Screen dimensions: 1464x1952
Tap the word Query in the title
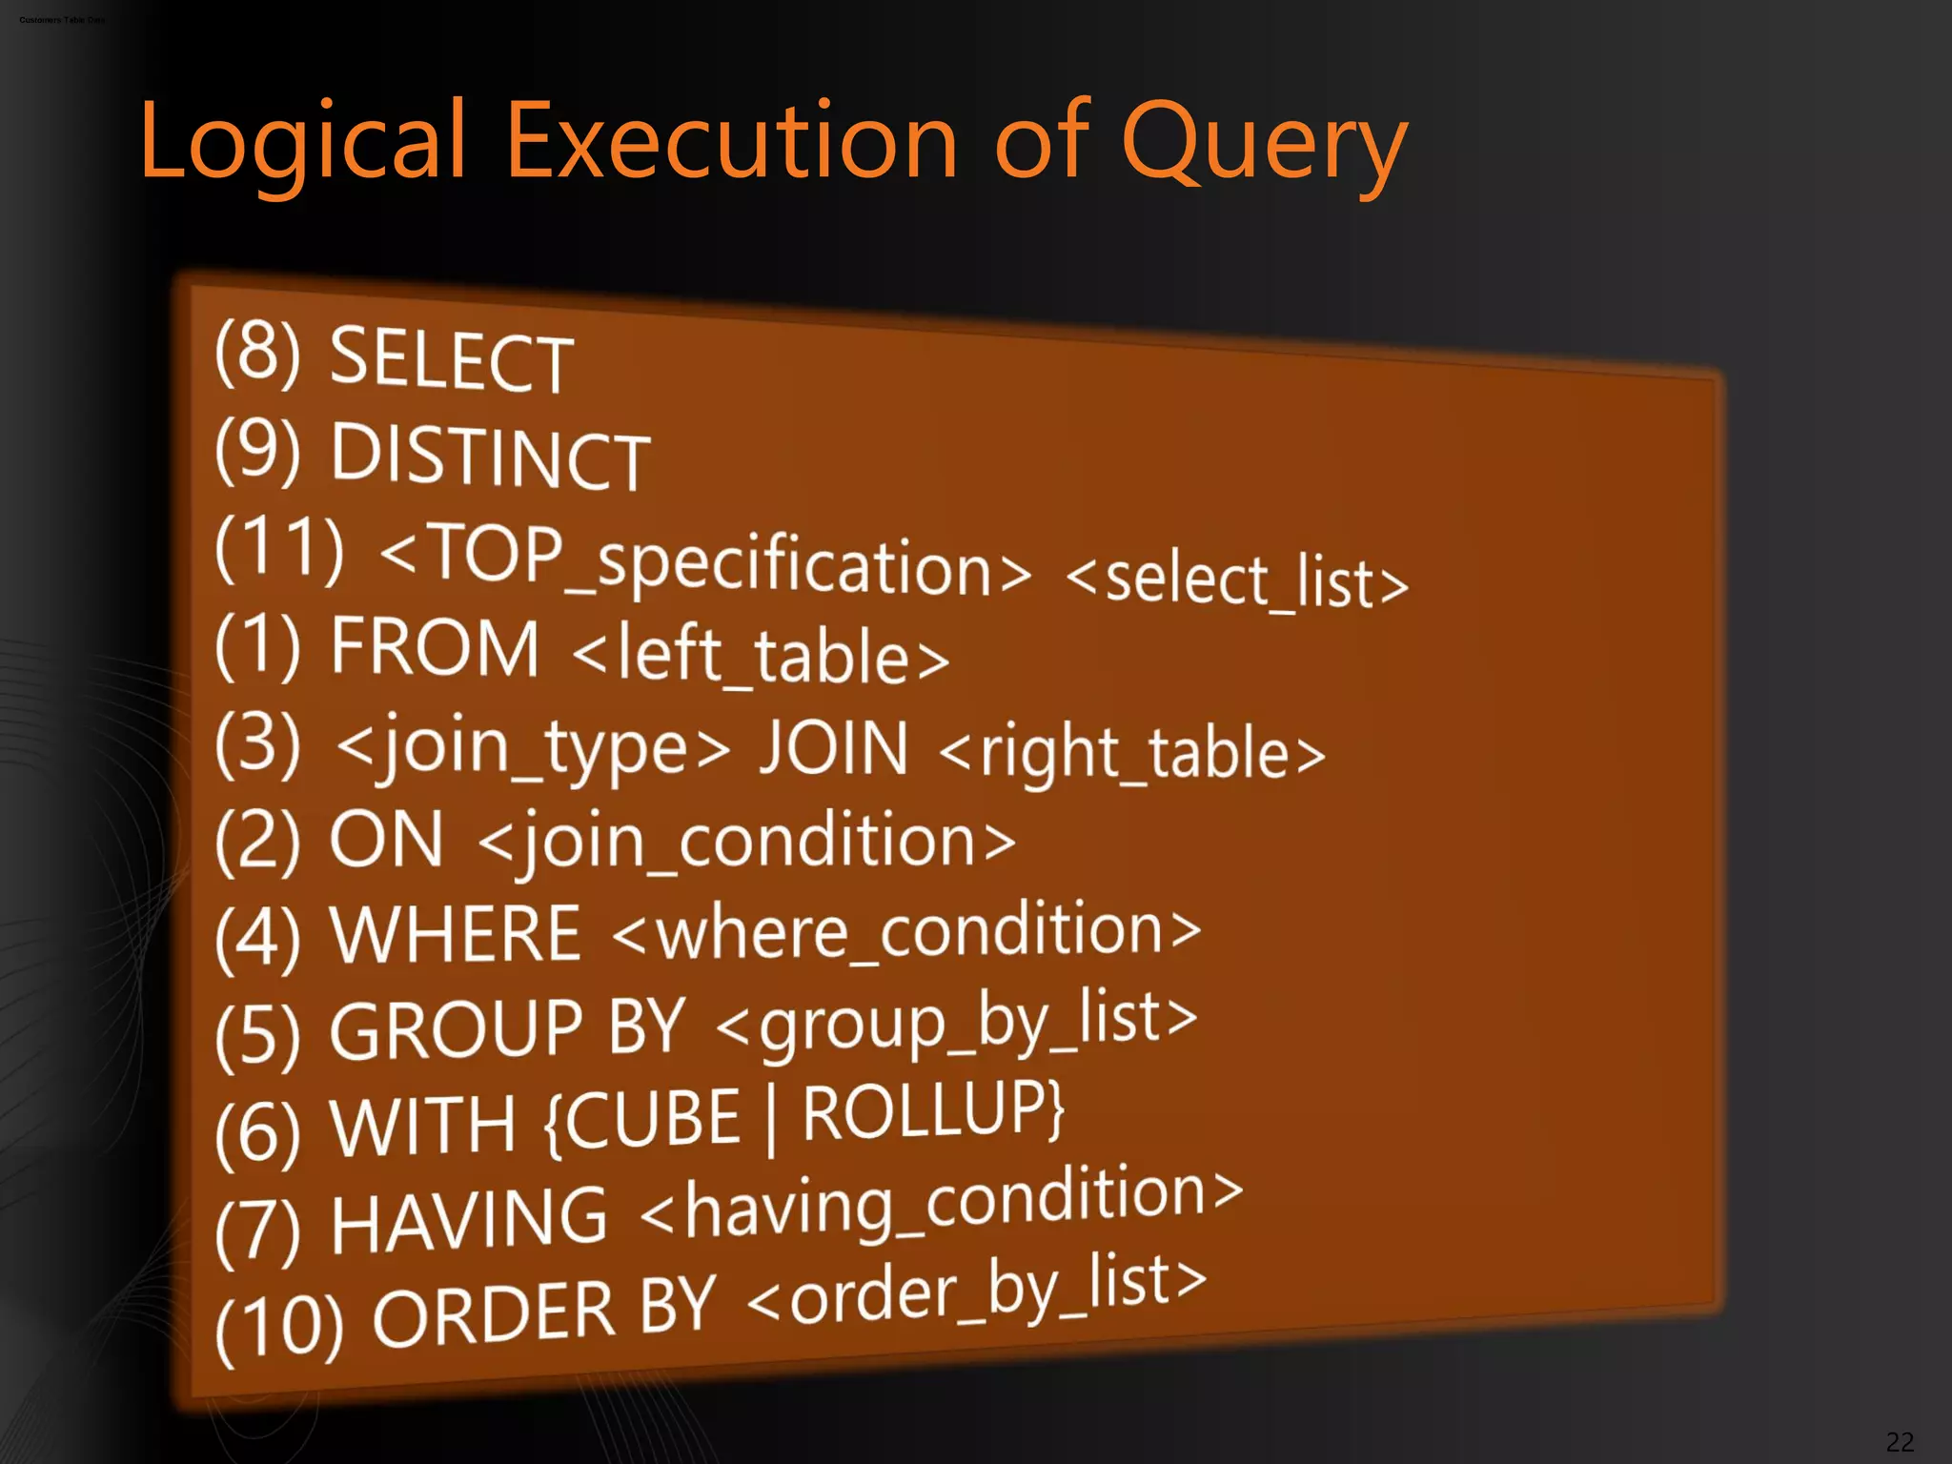[1264, 143]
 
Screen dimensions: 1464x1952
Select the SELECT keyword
[451, 360]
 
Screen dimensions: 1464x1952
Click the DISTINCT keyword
[490, 457]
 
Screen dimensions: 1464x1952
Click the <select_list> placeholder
[1236, 580]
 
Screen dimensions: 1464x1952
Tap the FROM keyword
[435, 648]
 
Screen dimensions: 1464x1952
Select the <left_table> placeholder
[761, 657]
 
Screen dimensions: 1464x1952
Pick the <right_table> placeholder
[1132, 754]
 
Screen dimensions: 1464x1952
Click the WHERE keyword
[455, 935]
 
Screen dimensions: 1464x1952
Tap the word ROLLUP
[932, 1111]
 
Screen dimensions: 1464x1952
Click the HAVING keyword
[468, 1220]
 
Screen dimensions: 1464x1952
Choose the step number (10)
[279, 1326]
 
